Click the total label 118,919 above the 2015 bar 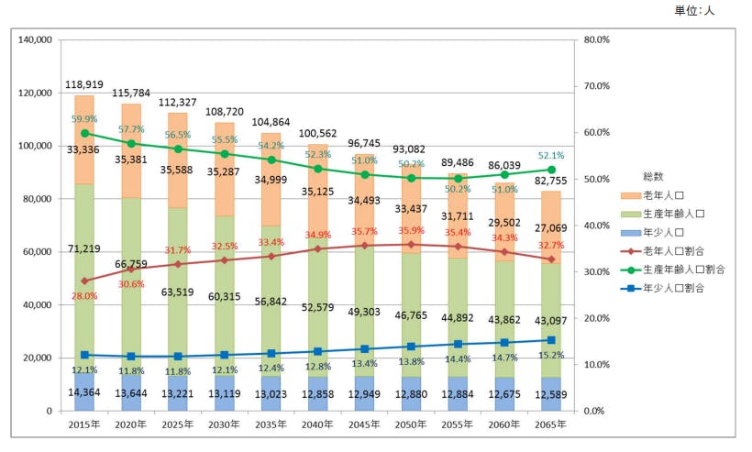84,84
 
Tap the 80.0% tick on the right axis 596,40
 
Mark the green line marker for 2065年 551,170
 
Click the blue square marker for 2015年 84,355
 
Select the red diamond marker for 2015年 84,281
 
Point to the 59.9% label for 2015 84,119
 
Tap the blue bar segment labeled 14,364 84,392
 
